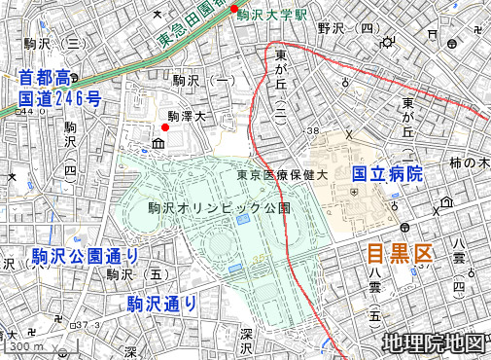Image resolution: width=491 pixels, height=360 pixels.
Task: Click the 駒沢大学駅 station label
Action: pos(275,15)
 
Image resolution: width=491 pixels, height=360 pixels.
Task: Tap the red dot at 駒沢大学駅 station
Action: pos(233,10)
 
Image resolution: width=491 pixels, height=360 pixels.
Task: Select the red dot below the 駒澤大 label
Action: pos(165,127)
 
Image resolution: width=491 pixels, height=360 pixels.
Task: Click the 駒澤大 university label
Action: pos(188,116)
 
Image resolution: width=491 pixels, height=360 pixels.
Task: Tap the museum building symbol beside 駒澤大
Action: pos(158,145)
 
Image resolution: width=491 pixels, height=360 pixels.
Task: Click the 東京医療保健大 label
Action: pos(288,176)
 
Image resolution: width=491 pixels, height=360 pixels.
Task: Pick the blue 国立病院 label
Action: pos(387,174)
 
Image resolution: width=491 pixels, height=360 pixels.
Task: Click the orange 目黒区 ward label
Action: pos(399,255)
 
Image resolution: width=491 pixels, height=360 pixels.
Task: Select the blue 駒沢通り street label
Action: pos(161,305)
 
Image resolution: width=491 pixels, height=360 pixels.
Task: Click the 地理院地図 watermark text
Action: pos(433,342)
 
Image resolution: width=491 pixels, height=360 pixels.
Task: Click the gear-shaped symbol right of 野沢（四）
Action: pos(390,42)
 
